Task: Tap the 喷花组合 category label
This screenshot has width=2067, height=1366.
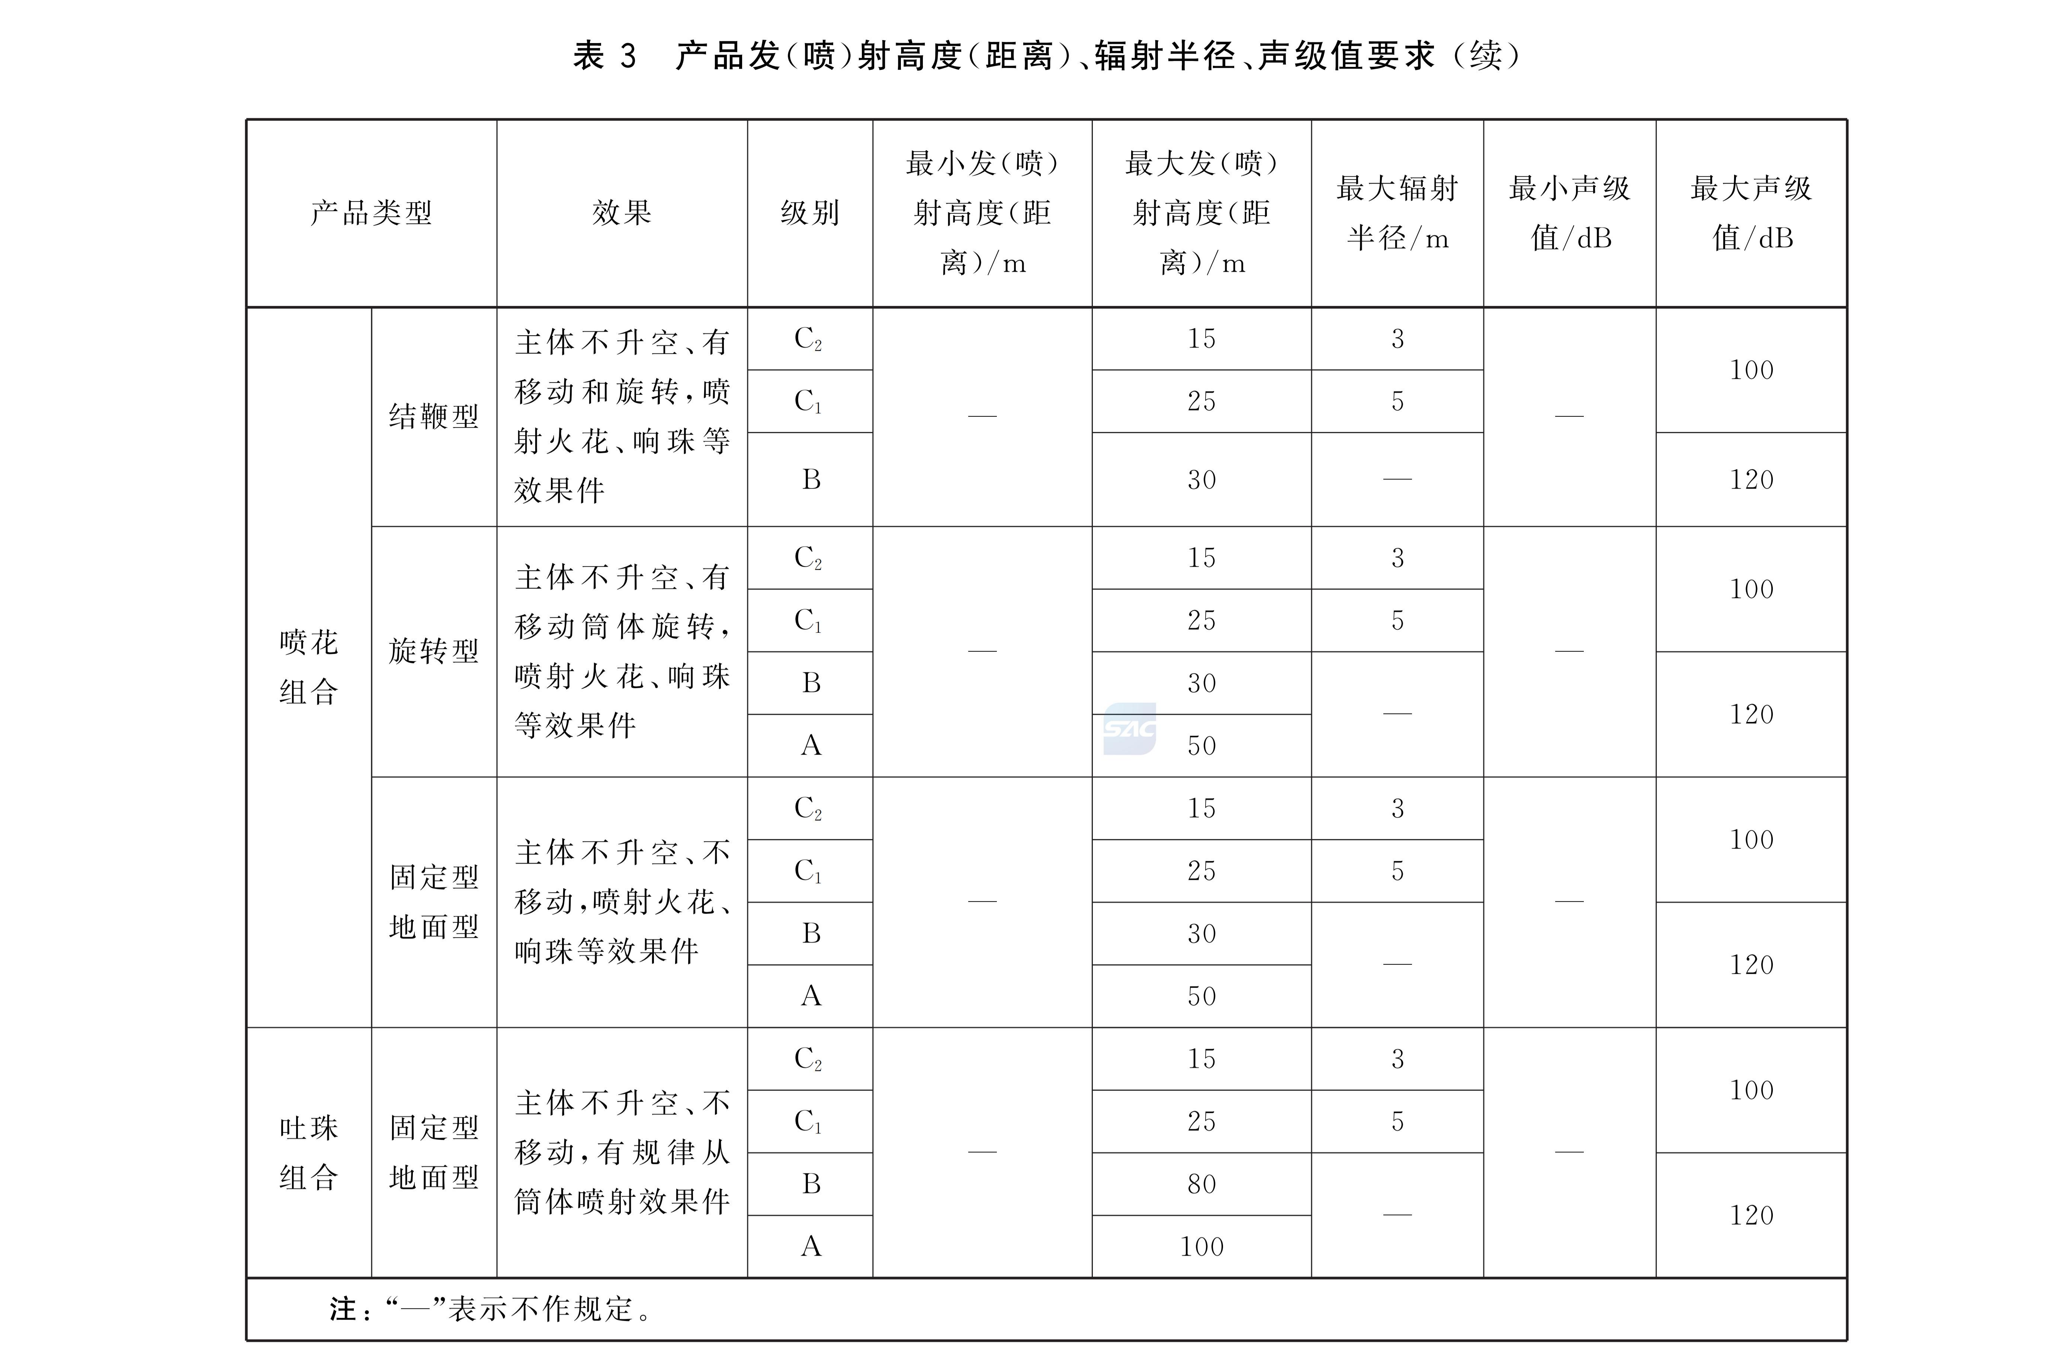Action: [308, 667]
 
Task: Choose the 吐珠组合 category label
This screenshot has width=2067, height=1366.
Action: [308, 1153]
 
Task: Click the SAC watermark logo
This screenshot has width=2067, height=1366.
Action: [1129, 728]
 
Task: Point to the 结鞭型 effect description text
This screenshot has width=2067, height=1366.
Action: [621, 416]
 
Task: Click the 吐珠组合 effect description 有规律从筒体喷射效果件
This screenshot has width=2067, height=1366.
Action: [621, 1153]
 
